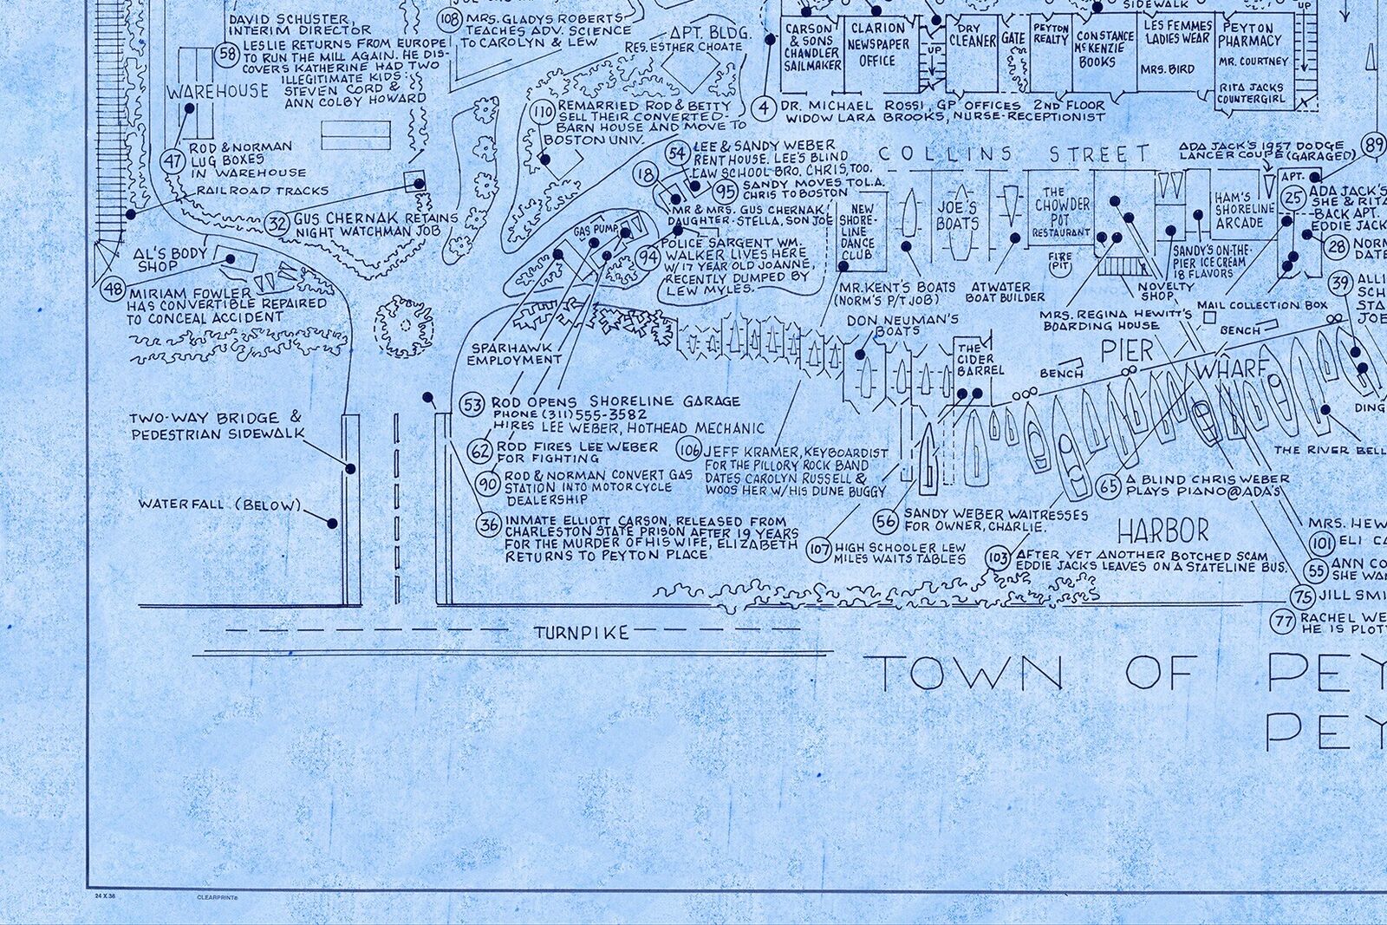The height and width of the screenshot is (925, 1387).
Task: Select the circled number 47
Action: (174, 160)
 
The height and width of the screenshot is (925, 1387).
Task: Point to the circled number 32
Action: (277, 223)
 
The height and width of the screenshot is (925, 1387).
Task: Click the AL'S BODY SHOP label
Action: (170, 259)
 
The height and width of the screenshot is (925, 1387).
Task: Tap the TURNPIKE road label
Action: (581, 633)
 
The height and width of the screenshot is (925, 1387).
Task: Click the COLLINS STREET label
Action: (1014, 155)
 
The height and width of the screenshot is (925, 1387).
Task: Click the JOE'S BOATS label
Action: (956, 215)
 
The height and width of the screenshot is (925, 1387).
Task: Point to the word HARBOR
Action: (1162, 530)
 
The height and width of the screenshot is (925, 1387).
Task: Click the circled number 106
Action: (689, 451)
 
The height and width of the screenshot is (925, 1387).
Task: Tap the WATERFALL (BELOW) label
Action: (219, 505)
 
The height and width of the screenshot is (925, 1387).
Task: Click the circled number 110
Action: (544, 114)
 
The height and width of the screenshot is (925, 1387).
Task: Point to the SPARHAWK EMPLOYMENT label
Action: (516, 353)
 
